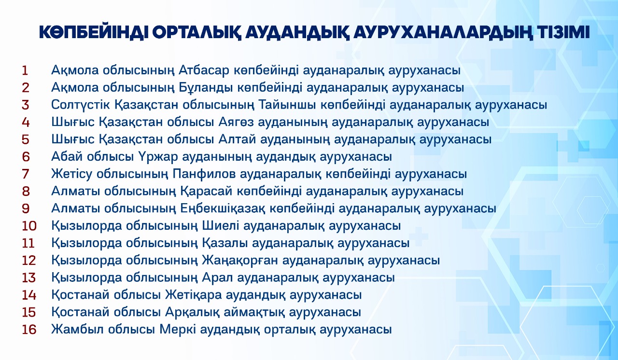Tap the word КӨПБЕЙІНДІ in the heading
92,32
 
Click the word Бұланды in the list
205,88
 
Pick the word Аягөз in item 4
236,122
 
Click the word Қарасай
206,191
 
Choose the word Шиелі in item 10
221,226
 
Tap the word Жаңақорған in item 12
239,261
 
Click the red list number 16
29,330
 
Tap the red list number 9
26,208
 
